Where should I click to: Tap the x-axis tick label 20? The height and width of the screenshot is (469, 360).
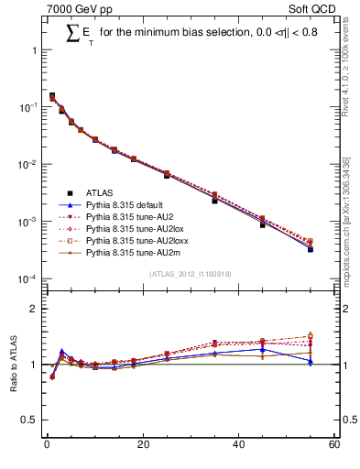point(142,444)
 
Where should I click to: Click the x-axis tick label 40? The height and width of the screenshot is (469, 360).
point(238,444)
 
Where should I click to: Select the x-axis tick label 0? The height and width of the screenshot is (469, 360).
point(46,444)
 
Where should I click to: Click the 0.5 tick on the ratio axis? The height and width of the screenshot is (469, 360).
point(31,420)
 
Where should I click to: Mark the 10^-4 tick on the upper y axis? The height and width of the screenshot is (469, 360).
point(27,278)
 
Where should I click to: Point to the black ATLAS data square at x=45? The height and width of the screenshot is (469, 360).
point(262,224)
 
